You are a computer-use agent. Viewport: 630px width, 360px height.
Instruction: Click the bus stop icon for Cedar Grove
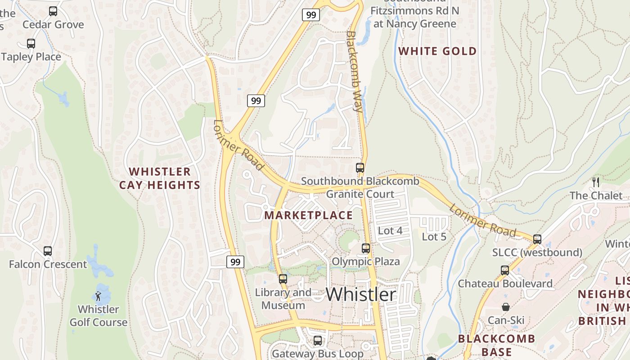pyautogui.click(x=53, y=11)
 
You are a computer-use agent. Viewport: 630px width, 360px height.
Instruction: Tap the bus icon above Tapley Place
pyautogui.click(x=31, y=44)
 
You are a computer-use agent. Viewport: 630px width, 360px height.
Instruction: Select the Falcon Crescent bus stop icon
pyautogui.click(x=48, y=251)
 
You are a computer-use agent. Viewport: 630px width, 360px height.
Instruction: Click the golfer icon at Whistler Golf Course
pyautogui.click(x=98, y=296)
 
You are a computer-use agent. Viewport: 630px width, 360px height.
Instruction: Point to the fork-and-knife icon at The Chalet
pyautogui.click(x=596, y=182)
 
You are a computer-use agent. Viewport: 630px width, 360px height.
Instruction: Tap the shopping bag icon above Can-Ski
pyautogui.click(x=506, y=307)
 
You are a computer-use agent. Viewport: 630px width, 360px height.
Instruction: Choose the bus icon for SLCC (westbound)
pyautogui.click(x=537, y=239)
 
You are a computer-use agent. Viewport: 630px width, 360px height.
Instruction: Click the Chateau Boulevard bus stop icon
pyautogui.click(x=505, y=270)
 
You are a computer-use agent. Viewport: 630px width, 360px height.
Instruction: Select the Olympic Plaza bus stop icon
pyautogui.click(x=365, y=248)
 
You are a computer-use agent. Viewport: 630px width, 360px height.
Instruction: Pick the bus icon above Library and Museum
pyautogui.click(x=283, y=279)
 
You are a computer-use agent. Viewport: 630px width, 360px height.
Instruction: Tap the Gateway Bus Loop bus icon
pyautogui.click(x=318, y=341)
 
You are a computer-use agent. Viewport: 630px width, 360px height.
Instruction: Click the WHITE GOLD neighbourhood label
pyautogui.click(x=437, y=51)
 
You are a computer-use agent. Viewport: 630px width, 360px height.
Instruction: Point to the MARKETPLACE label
pyautogui.click(x=309, y=215)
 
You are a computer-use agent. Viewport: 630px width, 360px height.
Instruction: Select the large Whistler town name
pyautogui.click(x=361, y=294)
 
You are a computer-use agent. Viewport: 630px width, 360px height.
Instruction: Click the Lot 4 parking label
pyautogui.click(x=390, y=231)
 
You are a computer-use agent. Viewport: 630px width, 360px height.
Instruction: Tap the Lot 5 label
pyautogui.click(x=434, y=236)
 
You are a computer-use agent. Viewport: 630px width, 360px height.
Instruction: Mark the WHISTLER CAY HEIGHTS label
pyautogui.click(x=160, y=178)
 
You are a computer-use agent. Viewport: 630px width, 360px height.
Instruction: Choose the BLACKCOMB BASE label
pyautogui.click(x=496, y=345)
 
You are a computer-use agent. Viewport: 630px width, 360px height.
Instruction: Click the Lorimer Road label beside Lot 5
pyautogui.click(x=482, y=220)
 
